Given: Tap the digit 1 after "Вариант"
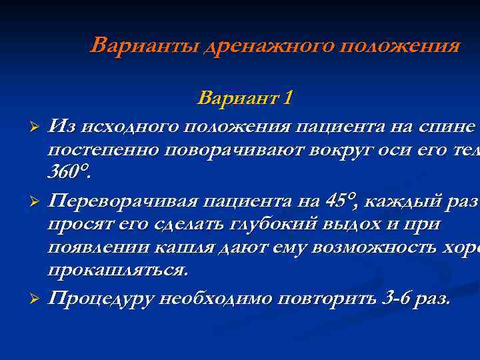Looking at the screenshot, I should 287,99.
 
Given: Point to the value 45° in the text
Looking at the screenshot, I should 342,201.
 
